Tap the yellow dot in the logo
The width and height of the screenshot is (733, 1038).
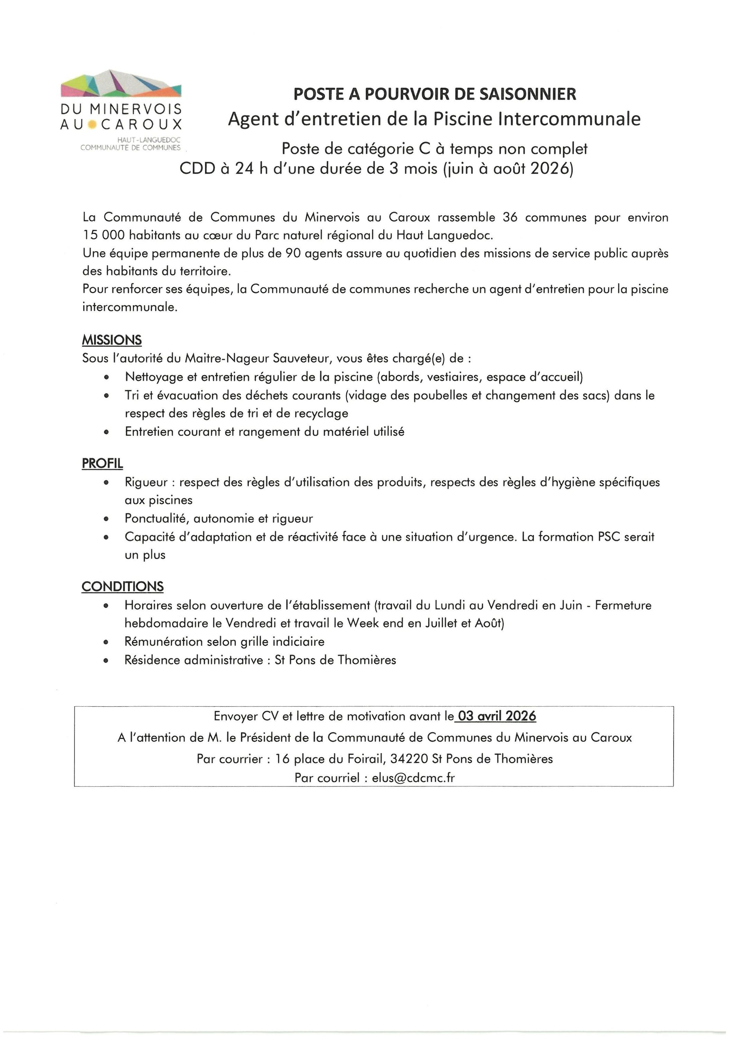[92, 124]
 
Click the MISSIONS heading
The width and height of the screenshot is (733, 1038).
[112, 340]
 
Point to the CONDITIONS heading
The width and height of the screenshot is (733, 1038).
[122, 586]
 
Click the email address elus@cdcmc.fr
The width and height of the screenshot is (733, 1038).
[413, 777]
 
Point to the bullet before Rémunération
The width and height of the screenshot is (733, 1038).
[106, 642]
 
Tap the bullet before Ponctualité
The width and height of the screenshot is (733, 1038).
[106, 519]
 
